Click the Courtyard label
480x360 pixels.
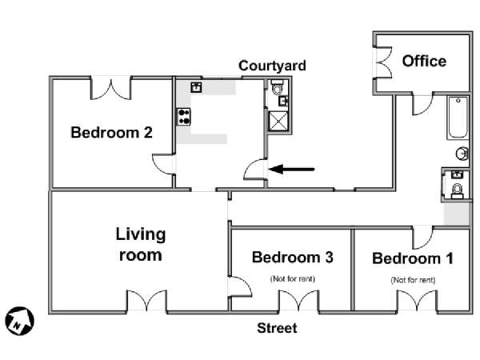coord(272,66)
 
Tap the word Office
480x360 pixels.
coord(424,61)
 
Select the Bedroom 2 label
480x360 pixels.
coord(111,133)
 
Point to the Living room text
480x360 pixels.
coord(141,244)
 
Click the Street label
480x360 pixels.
coord(277,328)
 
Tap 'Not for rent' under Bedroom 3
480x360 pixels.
coord(292,279)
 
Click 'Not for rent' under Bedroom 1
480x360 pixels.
coord(413,280)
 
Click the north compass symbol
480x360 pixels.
coord(19,321)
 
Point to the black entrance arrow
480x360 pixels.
coord(291,169)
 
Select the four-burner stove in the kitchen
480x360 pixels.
coord(184,117)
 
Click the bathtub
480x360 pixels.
coord(458,118)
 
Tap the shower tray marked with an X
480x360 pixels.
coord(278,122)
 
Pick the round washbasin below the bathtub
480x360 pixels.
coord(462,154)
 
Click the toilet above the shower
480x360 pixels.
coord(278,86)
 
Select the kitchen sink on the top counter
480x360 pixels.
coord(196,87)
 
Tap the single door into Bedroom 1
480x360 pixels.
coord(422,238)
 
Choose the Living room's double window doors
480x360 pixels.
coord(147,300)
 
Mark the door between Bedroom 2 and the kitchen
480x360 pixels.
coord(163,164)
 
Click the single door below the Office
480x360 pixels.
coord(422,105)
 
